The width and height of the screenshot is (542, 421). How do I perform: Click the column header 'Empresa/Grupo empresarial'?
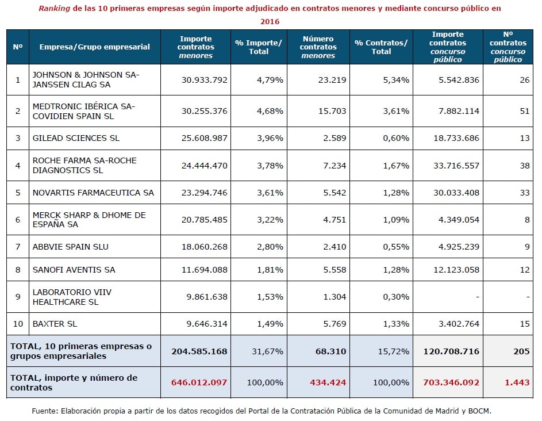coord(94,47)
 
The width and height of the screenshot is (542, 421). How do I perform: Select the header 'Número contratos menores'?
coord(318,47)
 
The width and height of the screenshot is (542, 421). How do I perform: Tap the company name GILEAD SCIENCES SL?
coord(76,138)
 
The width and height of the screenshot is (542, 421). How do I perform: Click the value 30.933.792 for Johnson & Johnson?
coord(204,80)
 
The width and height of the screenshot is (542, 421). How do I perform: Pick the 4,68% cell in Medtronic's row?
coord(270,111)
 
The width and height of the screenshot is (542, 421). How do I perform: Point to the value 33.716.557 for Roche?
coord(456,166)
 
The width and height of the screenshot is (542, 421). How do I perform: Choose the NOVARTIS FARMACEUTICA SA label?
coord(93,193)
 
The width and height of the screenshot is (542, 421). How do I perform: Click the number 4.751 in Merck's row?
coord(335,220)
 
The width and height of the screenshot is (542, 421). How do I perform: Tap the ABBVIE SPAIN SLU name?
coord(71,247)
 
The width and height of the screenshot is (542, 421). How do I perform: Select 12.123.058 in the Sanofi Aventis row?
coord(456,270)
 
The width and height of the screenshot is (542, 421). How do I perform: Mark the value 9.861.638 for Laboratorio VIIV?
coord(207,297)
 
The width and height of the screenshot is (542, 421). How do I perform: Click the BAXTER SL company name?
coord(55,324)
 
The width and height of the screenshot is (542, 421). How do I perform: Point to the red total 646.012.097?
coord(199,382)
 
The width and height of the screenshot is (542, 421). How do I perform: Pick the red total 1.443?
coord(517,382)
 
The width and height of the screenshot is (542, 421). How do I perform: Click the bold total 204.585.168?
coord(199,351)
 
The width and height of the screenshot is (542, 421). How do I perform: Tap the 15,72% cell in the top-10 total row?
coord(393,351)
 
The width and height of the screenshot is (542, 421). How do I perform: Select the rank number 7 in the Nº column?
coord(18,247)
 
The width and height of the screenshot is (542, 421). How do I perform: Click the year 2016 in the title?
coord(270,21)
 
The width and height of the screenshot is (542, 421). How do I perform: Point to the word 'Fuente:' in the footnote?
coord(45,411)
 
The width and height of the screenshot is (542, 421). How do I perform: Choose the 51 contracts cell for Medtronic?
coord(525,111)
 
